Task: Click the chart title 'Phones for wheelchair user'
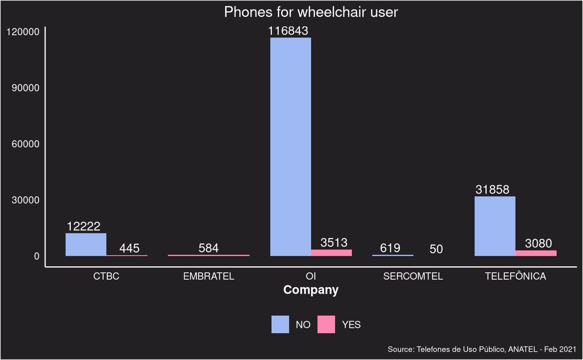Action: click(x=311, y=12)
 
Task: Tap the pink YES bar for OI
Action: click(x=331, y=253)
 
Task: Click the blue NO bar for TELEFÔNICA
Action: click(x=495, y=226)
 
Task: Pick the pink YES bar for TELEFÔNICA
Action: click(x=536, y=253)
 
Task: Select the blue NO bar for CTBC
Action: click(x=86, y=244)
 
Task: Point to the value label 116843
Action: click(x=288, y=31)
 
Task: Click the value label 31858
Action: click(x=492, y=190)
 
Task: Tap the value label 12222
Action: click(x=84, y=226)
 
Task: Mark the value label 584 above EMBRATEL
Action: click(x=208, y=248)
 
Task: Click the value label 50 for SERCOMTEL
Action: click(x=436, y=249)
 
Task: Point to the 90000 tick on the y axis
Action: click(x=26, y=88)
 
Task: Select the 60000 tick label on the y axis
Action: click(x=26, y=144)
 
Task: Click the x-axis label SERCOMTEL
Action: click(x=413, y=276)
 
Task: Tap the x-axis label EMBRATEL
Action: click(x=208, y=276)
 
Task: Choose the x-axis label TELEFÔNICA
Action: click(x=515, y=276)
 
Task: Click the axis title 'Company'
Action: click(x=311, y=290)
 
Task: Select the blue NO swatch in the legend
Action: click(x=280, y=324)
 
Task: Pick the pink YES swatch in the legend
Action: click(x=326, y=324)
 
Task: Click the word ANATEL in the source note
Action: click(x=523, y=349)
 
